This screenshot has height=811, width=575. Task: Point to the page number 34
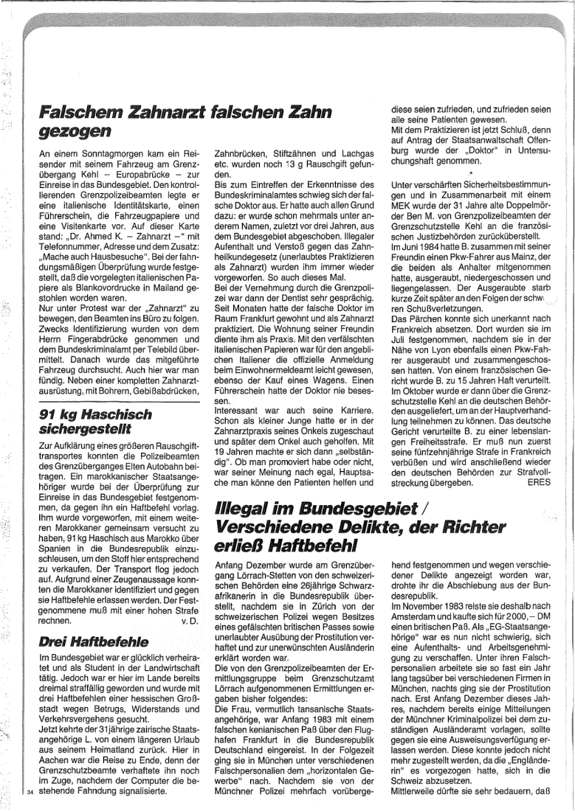pyautogui.click(x=30, y=793)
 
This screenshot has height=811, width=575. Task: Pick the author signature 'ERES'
pyautogui.click(x=539, y=483)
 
